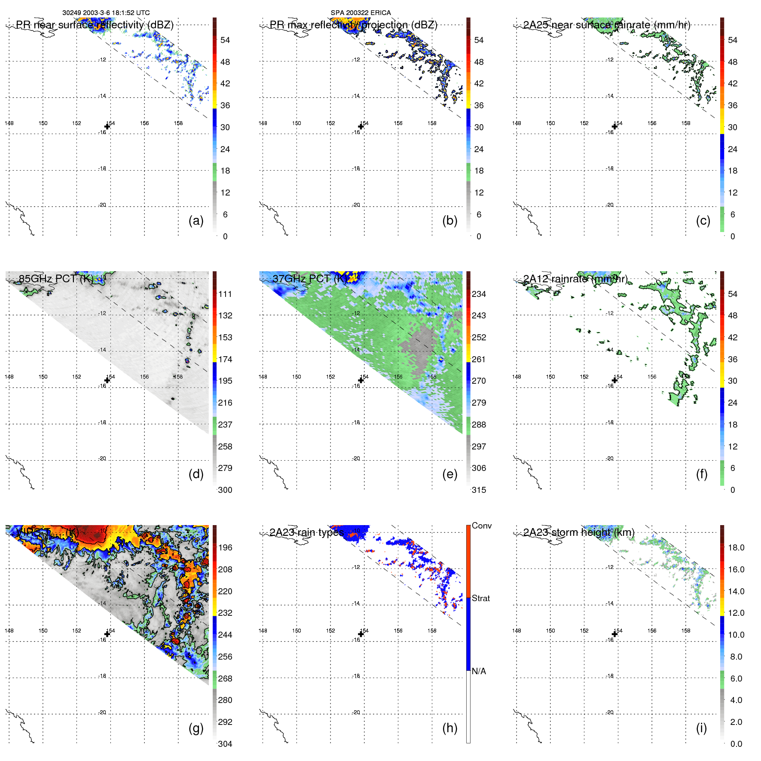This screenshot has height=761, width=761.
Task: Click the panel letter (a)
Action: click(x=196, y=221)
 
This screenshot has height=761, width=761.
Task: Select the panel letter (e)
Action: click(x=449, y=474)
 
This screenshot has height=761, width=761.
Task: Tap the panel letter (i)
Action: click(x=701, y=728)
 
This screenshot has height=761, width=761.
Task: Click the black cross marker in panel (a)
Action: click(x=107, y=126)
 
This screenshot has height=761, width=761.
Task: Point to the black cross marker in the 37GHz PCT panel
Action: click(x=361, y=380)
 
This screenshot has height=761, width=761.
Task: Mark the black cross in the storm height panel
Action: click(x=614, y=634)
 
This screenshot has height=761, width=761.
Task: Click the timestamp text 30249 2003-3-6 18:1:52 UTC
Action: click(x=106, y=13)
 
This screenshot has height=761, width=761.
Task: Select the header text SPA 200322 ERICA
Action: click(x=361, y=13)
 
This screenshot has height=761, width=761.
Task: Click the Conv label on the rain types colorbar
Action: click(x=481, y=526)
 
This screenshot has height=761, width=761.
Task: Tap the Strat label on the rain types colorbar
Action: click(x=480, y=598)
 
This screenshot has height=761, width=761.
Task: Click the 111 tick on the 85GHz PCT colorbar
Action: click(x=225, y=294)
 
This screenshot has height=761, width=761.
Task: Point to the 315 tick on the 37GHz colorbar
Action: click(x=479, y=490)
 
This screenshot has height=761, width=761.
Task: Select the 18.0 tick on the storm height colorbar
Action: click(x=736, y=547)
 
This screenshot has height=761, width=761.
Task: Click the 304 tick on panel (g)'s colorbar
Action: click(x=225, y=744)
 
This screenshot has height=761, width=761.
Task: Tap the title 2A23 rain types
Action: click(x=307, y=532)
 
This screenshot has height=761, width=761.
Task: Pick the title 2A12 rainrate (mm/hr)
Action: click(x=575, y=279)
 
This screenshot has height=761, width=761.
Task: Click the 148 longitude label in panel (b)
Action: click(x=263, y=123)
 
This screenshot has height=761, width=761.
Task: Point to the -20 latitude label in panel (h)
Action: click(x=356, y=712)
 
